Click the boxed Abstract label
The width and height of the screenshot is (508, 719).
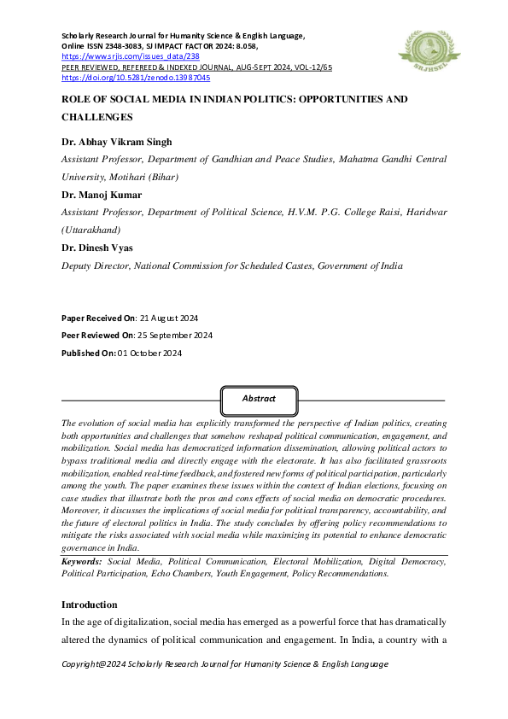point(259,399)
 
